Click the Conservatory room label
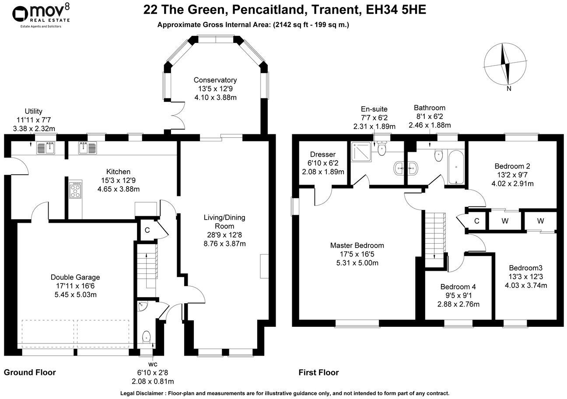[x=215, y=80]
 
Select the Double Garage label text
[x=75, y=277]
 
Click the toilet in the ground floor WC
[x=147, y=337]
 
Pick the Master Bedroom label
[x=357, y=245]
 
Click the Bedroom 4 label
[x=458, y=287]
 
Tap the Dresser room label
[x=322, y=154]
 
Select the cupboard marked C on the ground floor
[x=147, y=230]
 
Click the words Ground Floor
[x=30, y=373]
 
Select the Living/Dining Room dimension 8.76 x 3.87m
[x=224, y=243]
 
